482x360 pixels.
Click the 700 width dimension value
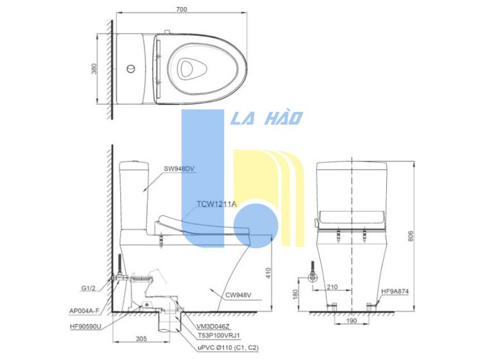[x=181, y=9]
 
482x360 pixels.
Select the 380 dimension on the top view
[x=94, y=69]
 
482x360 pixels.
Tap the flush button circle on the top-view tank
[x=130, y=68]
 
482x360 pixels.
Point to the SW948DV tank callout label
[x=179, y=168]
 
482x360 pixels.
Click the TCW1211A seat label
[x=217, y=204]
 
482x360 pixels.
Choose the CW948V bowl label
[x=238, y=295]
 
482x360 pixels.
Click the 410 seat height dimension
[x=269, y=273]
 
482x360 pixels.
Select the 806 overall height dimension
[x=411, y=236]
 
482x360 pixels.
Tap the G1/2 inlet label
[x=89, y=288]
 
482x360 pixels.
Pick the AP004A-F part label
[x=84, y=310]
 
